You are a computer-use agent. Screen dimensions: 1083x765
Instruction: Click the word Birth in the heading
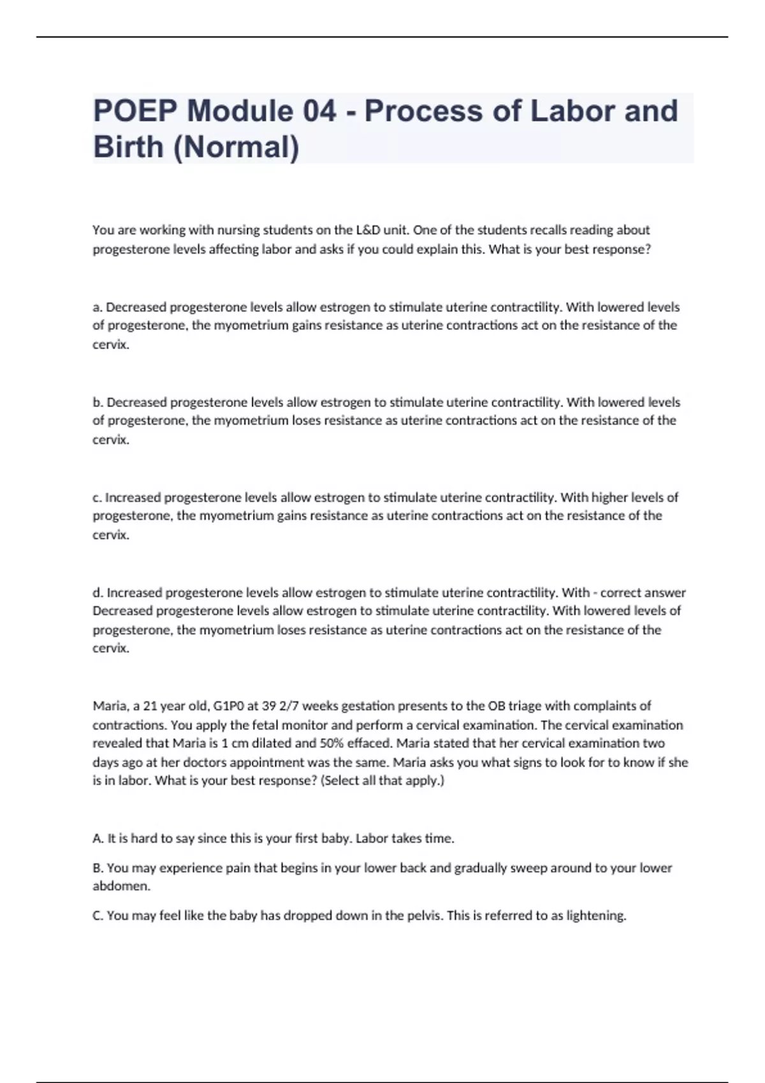click(128, 148)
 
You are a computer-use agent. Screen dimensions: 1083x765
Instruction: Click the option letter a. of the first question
click(98, 308)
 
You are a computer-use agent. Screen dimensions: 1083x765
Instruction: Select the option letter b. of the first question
click(98, 403)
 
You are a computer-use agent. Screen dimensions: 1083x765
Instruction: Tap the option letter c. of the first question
click(98, 498)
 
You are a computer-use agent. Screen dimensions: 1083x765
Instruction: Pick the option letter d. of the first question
click(98, 593)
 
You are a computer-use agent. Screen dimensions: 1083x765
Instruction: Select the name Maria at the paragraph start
click(110, 706)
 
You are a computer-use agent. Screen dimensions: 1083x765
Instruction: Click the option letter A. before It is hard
click(98, 839)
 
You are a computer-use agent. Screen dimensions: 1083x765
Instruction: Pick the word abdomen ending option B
click(120, 886)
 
